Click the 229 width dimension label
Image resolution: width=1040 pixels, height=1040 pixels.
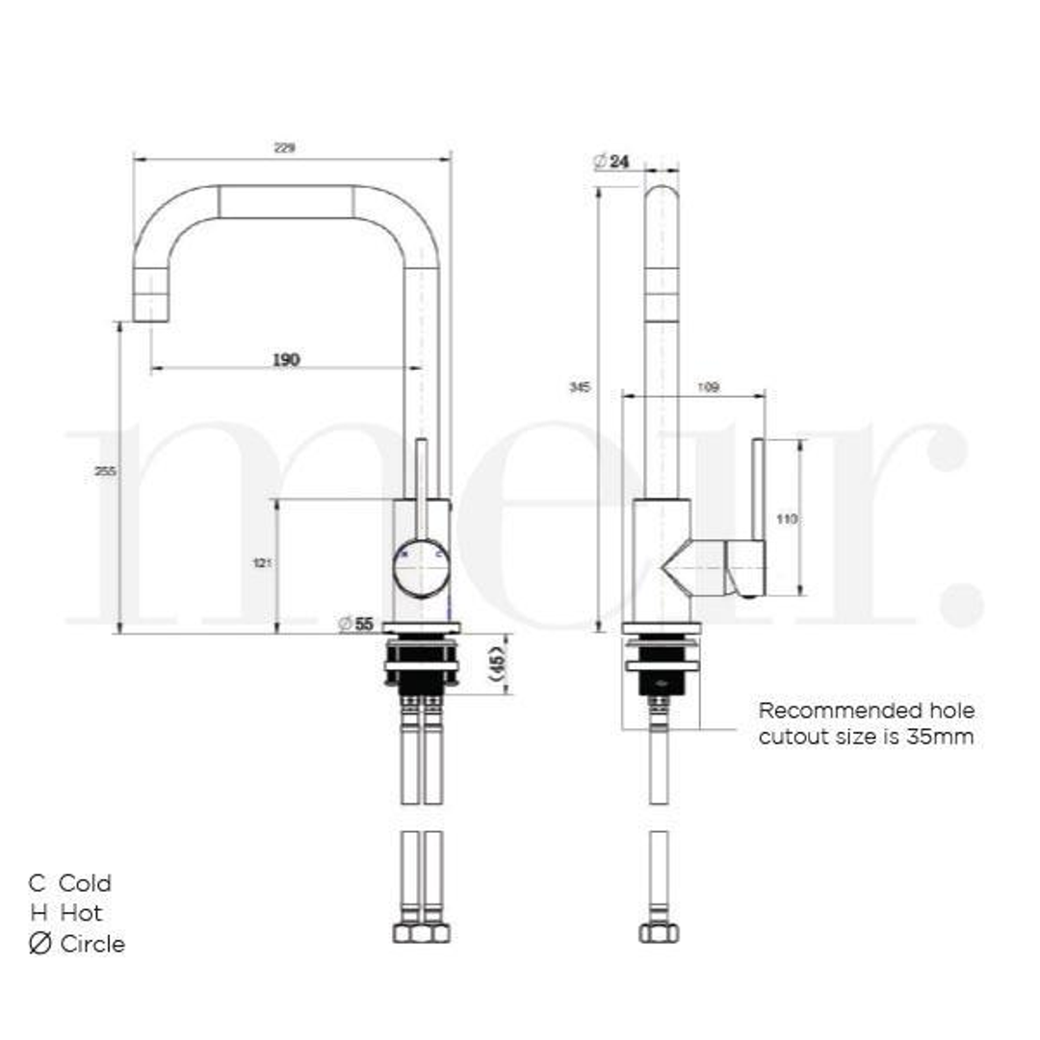coord(285,147)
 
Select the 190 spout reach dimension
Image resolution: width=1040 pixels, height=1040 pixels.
coord(286,359)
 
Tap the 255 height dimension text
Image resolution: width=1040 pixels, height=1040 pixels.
coord(108,471)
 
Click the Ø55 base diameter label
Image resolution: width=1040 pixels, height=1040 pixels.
coord(356,624)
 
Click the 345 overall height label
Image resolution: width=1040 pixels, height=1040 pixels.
coord(580,387)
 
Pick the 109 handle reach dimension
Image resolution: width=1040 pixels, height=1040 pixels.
coord(707,388)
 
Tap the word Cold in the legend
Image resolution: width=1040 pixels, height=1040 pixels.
coord(85,883)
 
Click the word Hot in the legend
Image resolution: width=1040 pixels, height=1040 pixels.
coord(81,913)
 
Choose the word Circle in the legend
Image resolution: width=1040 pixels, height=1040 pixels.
coord(92,944)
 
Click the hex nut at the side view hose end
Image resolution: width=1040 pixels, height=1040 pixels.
coord(659,932)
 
